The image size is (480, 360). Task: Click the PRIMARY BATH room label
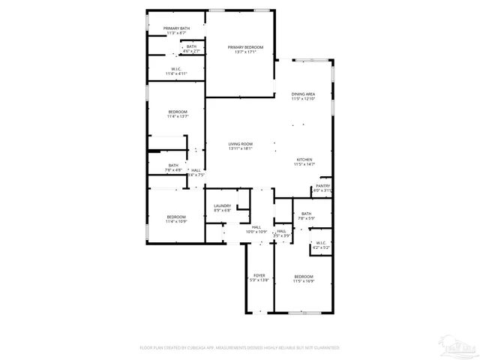tap(177, 28)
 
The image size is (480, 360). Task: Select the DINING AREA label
tap(303, 94)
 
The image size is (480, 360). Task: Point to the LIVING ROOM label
tap(241, 143)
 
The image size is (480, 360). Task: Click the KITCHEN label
tap(304, 159)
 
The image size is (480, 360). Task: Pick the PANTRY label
tap(322, 185)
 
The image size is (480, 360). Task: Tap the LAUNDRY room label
tap(222, 205)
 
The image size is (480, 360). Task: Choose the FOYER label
tap(259, 275)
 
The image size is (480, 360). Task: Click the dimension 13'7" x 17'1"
tap(245, 52)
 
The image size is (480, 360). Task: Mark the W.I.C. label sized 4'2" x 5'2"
tap(321, 242)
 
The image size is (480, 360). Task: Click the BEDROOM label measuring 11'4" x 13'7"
tap(178, 112)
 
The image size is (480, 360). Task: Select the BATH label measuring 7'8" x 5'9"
tap(306, 214)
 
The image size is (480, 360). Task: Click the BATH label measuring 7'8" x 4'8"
tap(173, 165)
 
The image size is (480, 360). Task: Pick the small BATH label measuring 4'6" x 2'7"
tap(192, 46)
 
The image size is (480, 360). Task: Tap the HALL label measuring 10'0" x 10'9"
tap(256, 226)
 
